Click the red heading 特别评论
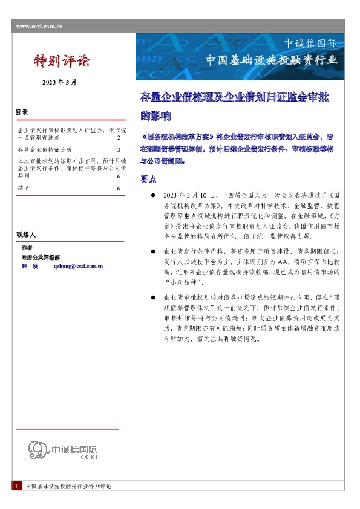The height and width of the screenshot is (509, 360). click(x=61, y=61)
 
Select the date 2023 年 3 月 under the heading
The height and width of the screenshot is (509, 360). click(x=59, y=82)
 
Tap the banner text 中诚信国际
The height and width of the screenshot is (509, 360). click(x=311, y=44)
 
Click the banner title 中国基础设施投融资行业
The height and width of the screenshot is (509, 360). click(x=271, y=60)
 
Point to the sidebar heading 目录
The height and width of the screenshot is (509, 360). click(x=22, y=112)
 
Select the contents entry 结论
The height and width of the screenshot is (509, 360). click(x=24, y=189)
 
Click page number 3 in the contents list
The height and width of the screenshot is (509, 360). click(x=119, y=149)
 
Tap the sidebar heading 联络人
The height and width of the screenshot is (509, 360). click(x=26, y=233)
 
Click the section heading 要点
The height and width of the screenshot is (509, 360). click(x=148, y=179)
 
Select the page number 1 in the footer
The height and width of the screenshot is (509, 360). click(x=15, y=486)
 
